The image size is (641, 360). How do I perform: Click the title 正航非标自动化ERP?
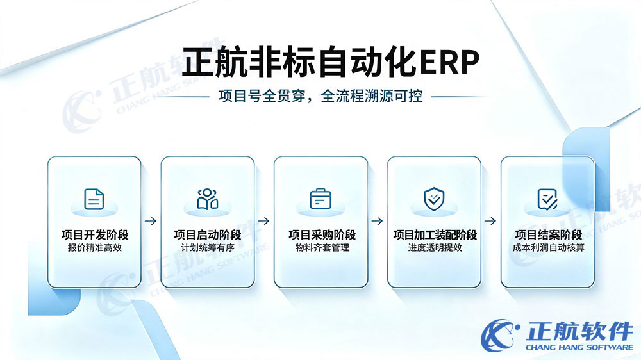coord(330,62)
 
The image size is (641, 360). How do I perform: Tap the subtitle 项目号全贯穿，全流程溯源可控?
coord(320,97)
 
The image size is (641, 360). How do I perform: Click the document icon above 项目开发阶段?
coord(94,199)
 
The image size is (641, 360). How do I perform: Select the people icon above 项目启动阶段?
coord(207,199)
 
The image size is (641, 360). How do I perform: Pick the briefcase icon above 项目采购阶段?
coord(320,199)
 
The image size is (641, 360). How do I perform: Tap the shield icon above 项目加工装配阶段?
coord(434,199)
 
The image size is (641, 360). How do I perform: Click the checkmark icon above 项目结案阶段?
coord(547,199)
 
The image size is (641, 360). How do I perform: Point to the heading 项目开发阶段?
coord(95,235)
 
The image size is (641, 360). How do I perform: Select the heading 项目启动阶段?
coord(208,235)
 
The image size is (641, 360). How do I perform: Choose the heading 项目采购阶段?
coord(322,235)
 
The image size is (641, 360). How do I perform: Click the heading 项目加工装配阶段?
coord(435,235)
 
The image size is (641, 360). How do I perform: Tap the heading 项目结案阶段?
coord(549,235)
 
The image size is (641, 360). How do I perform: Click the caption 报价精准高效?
coord(95,248)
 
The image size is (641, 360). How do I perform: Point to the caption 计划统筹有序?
coord(208,248)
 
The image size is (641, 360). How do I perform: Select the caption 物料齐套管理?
coord(322,248)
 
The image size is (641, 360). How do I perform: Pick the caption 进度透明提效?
coord(435,248)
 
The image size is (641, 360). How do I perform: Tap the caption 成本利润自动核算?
coord(549,248)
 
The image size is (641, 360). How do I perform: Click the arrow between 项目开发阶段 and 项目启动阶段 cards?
coord(151,221)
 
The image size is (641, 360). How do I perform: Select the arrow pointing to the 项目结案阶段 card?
coord(490,221)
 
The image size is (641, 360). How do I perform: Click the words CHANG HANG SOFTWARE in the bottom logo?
coord(579,347)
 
